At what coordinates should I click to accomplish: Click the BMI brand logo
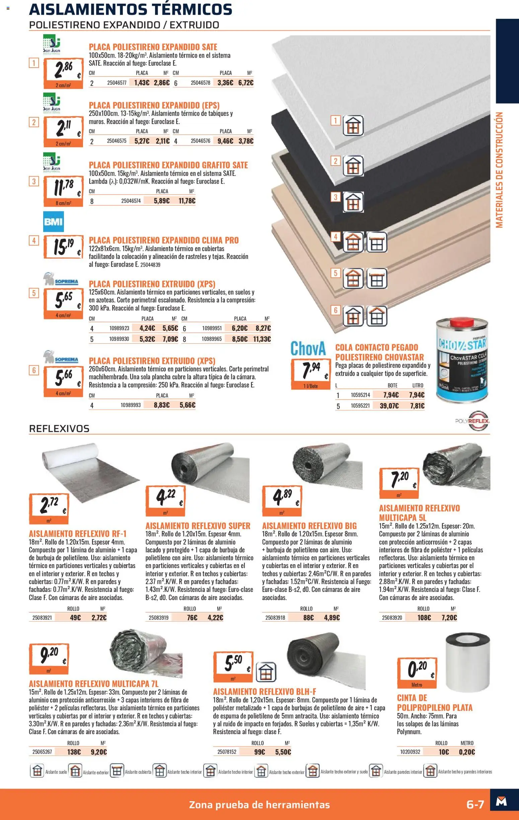click(54, 222)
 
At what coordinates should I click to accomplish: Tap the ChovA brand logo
click(308, 348)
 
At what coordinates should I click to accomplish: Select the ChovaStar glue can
click(461, 361)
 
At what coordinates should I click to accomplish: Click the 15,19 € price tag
click(63, 246)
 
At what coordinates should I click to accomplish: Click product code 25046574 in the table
click(131, 201)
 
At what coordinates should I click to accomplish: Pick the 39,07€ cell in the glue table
click(389, 406)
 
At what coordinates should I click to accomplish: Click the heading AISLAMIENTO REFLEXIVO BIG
click(309, 526)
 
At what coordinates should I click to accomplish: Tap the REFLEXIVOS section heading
click(59, 428)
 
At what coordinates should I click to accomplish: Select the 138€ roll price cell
click(74, 752)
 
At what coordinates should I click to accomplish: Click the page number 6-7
click(475, 804)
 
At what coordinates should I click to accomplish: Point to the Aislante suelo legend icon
click(37, 771)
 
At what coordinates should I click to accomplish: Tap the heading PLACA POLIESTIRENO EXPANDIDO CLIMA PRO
click(164, 240)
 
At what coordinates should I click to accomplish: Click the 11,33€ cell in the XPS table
click(262, 339)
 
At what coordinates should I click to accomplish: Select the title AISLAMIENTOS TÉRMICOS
click(131, 9)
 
